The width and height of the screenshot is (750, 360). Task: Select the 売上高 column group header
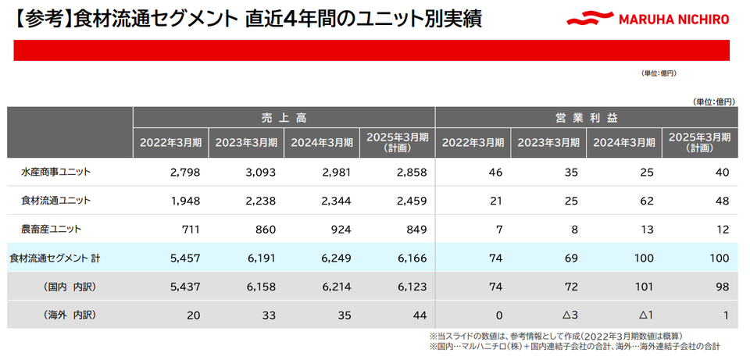[284, 117]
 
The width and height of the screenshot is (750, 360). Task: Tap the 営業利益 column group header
[586, 117]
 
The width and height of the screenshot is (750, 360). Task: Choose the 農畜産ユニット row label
[51, 229]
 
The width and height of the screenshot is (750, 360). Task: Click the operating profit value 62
[645, 200]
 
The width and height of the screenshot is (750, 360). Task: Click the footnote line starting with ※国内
[574, 345]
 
